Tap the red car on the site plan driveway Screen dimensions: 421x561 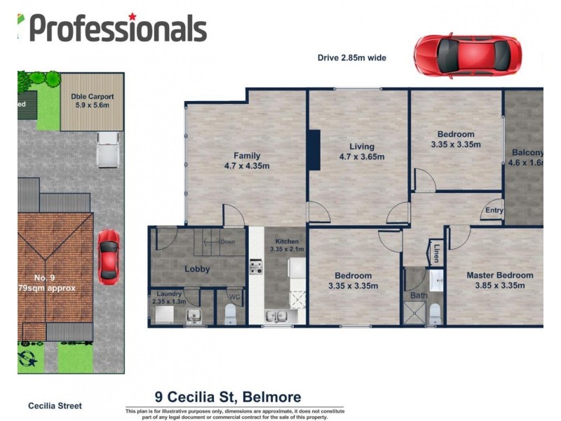(x=108, y=257)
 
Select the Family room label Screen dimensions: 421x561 (x=246, y=156)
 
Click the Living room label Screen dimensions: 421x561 (x=362, y=147)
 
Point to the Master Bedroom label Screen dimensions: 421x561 (x=499, y=275)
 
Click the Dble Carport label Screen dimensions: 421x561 (x=92, y=97)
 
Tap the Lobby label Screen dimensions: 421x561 (x=197, y=269)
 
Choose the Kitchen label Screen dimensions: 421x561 (x=286, y=241)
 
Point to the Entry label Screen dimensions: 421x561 (x=494, y=210)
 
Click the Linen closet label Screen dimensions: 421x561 (x=436, y=251)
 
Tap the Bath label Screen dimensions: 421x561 (x=419, y=295)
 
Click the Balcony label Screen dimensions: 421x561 (x=527, y=152)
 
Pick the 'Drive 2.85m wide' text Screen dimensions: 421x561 (x=352, y=58)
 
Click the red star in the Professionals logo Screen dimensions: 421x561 (x=132, y=15)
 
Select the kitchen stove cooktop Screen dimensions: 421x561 (x=256, y=267)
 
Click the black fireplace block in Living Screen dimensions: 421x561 (x=314, y=149)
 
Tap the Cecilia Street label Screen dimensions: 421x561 (x=55, y=406)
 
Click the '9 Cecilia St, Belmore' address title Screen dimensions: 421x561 (x=227, y=397)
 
